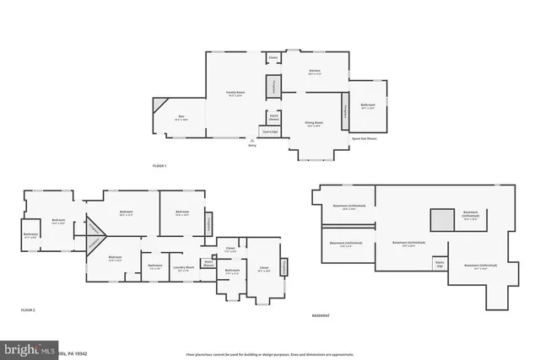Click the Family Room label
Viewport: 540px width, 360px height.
(235, 94)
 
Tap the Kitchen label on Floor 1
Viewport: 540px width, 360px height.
(314, 73)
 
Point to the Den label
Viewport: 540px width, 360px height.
(181, 117)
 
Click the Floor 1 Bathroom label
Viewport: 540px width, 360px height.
(367, 107)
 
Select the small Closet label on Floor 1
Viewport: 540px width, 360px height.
(273, 58)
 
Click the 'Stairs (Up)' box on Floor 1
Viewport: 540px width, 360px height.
(270, 132)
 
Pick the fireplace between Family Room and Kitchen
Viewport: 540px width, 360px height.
(273, 86)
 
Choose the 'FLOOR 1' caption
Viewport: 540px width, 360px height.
(159, 165)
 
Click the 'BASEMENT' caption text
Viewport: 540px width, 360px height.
(321, 315)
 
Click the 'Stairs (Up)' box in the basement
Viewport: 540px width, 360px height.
(440, 263)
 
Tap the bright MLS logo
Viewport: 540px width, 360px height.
(25, 348)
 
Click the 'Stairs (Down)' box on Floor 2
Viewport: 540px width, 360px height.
(208, 263)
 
